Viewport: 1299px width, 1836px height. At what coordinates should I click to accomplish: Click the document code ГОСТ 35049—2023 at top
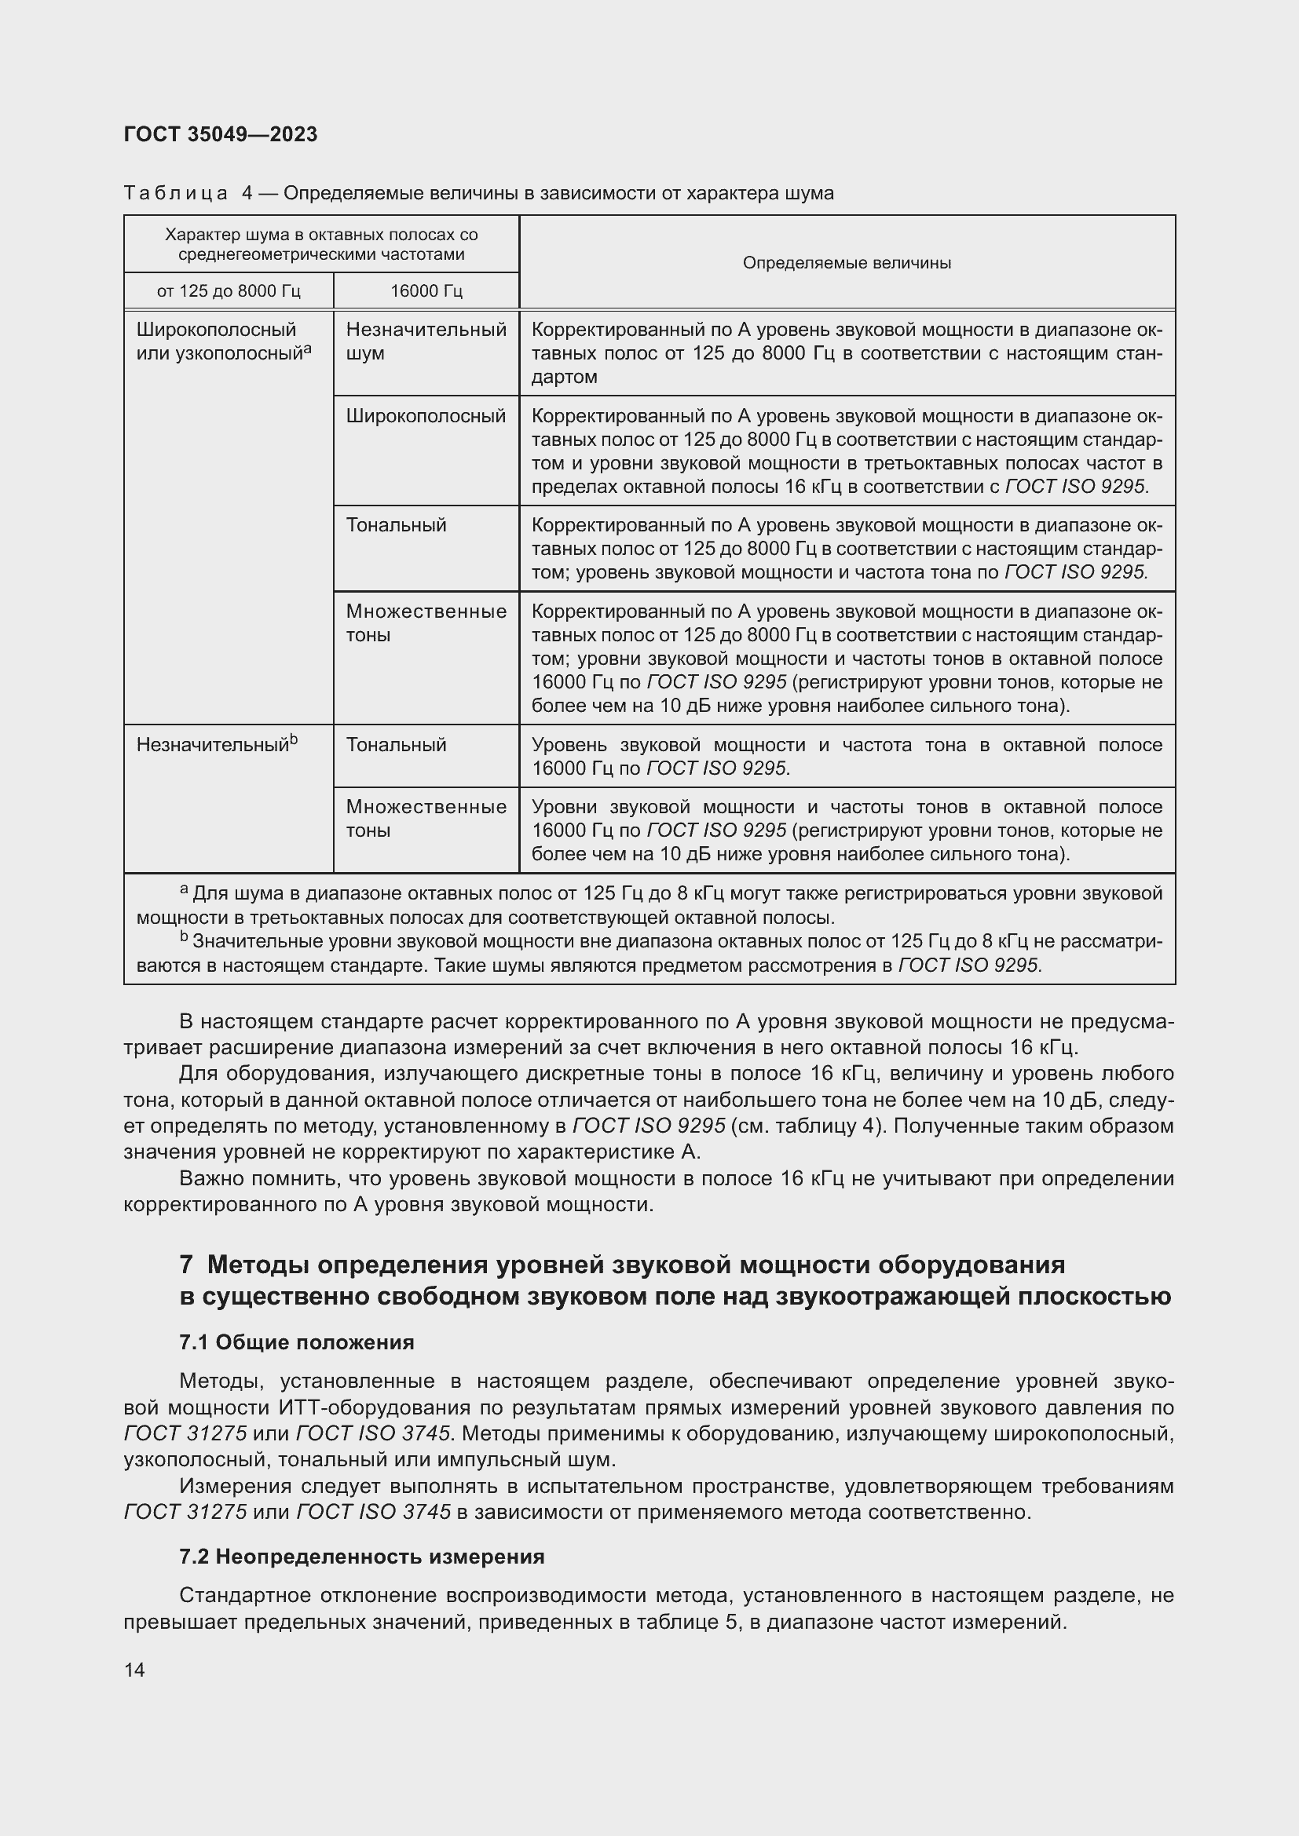coord(221,134)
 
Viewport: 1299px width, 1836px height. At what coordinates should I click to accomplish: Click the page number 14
coord(134,1670)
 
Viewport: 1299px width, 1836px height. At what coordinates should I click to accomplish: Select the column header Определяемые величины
coord(847,263)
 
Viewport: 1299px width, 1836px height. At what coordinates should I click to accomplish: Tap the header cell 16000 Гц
coord(426,291)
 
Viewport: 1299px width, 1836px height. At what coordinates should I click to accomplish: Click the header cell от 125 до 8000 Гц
coord(228,291)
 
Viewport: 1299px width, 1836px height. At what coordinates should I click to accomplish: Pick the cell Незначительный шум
coord(426,341)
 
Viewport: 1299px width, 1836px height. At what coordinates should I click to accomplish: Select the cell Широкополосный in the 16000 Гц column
coord(426,417)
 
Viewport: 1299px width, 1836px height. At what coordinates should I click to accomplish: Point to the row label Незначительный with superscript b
coord(216,745)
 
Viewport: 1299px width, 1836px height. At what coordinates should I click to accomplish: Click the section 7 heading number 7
coord(186,1265)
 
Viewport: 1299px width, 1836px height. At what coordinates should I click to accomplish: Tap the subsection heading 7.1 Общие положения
coord(297,1342)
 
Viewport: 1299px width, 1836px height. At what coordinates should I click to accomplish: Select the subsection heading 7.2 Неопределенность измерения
coord(361,1557)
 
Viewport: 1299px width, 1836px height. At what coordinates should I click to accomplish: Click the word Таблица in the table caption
coord(176,194)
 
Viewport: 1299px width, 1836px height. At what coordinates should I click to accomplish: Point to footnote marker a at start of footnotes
coord(183,890)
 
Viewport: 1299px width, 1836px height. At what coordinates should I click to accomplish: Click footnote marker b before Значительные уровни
coord(183,937)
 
